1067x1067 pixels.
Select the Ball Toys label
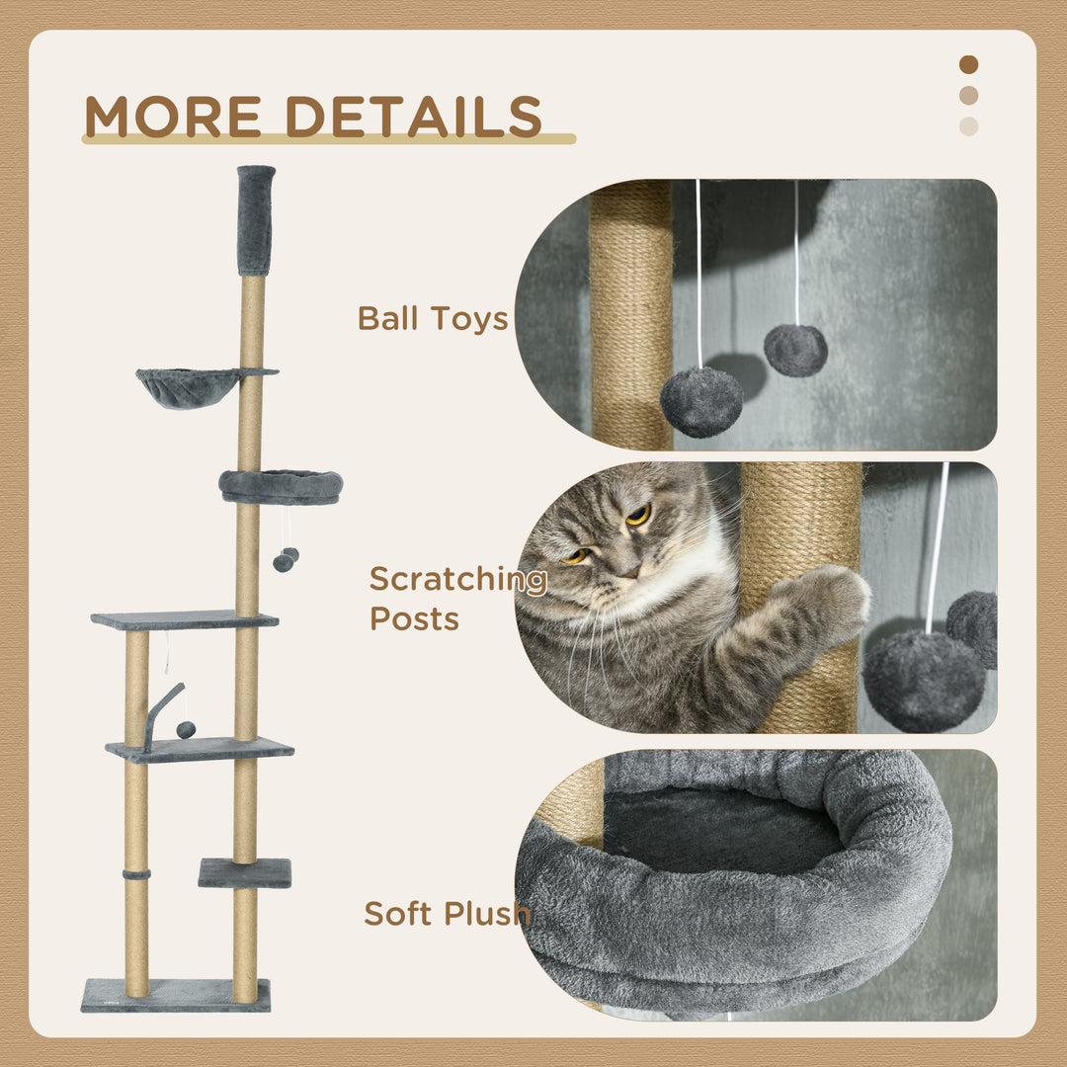pyautogui.click(x=433, y=319)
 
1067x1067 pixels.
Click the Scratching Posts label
pyautogui.click(x=457, y=599)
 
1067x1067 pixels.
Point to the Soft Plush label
pyautogui.click(x=447, y=913)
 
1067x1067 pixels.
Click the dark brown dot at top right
pyautogui.click(x=968, y=64)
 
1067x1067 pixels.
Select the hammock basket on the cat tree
pyautogui.click(x=190, y=386)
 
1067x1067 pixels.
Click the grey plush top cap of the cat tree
pyautogui.click(x=256, y=219)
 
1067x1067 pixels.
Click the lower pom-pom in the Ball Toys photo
pyautogui.click(x=701, y=401)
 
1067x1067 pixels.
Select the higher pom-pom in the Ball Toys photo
pyautogui.click(x=795, y=350)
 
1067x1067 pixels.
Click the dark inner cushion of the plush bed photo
pyautogui.click(x=721, y=830)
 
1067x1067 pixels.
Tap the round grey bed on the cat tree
pyautogui.click(x=282, y=485)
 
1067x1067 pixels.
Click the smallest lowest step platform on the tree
pyautogui.click(x=245, y=872)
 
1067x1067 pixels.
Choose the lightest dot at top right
pyautogui.click(x=968, y=126)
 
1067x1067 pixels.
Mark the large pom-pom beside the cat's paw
pyautogui.click(x=924, y=681)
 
